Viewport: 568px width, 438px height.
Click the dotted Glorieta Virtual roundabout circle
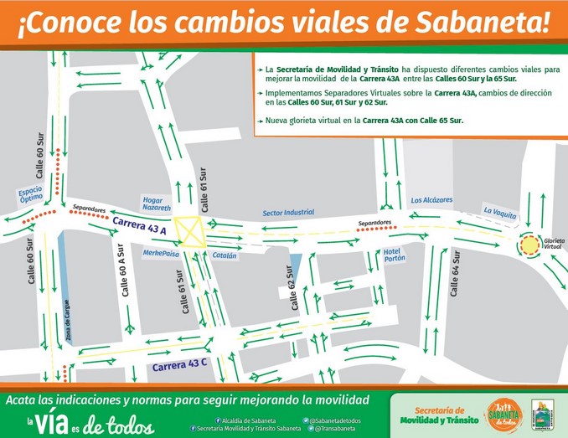530,245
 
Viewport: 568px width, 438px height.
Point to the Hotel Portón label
394,255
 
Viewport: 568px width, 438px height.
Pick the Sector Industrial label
288,213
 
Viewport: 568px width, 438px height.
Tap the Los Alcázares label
431,201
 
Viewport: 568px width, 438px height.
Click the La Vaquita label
500,213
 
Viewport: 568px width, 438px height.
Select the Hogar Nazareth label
157,204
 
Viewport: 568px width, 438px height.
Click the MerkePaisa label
162,253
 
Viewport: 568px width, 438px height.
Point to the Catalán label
225,255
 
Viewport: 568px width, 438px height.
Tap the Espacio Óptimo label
31,194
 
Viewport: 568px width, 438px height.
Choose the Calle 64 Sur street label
457,273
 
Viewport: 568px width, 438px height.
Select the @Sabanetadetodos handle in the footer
335,420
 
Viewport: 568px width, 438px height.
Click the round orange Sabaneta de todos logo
503,415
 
